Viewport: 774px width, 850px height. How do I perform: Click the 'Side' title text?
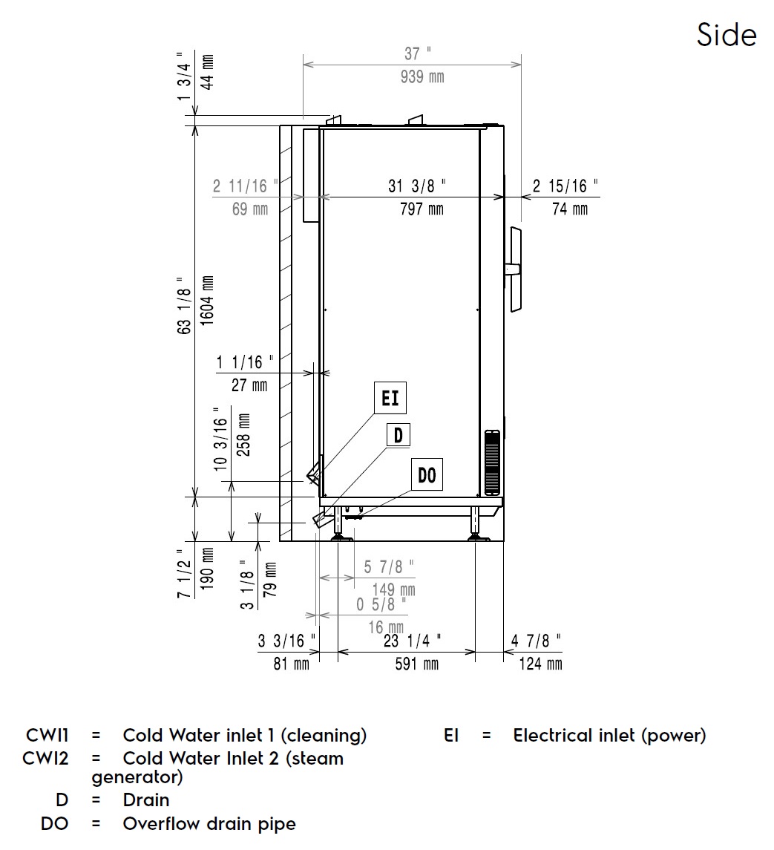(x=727, y=35)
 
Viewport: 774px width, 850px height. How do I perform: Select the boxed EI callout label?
(x=390, y=399)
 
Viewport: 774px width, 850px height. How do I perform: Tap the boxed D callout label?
(x=398, y=435)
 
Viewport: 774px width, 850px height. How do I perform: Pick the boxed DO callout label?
(x=427, y=474)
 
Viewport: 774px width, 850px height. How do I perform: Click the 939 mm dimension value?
(x=422, y=76)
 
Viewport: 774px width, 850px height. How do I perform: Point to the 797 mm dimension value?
(x=422, y=209)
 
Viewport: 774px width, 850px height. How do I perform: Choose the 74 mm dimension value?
(x=570, y=209)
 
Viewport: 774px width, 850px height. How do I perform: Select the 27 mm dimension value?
(x=249, y=385)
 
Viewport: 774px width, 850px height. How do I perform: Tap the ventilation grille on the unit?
(x=493, y=462)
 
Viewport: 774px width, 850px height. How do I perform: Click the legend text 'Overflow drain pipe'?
(x=209, y=823)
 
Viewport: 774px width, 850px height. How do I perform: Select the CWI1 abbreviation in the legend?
(x=47, y=736)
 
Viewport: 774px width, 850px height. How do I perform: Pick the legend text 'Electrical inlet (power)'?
(x=609, y=736)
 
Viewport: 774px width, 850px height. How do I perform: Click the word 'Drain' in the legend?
(x=146, y=800)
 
